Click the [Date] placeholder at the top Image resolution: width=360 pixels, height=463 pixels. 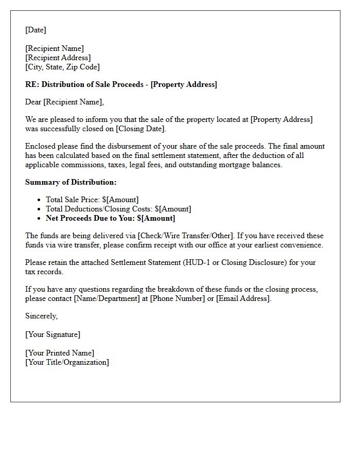tap(35, 30)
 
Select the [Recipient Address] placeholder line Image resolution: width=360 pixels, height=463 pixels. tap(58, 58)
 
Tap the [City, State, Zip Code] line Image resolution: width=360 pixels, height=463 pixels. tap(62, 67)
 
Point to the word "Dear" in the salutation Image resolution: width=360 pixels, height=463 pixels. tap(33, 102)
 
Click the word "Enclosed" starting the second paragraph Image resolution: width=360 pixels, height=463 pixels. tap(41, 146)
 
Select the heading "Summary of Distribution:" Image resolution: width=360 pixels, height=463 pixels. tap(70, 182)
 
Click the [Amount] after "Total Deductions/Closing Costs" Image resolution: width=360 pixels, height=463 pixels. tap(175, 209)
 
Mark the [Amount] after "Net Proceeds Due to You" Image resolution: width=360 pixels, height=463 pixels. tap(158, 218)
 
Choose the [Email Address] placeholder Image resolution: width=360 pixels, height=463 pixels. tap(243, 298)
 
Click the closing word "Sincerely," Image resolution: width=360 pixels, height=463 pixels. tap(41, 316)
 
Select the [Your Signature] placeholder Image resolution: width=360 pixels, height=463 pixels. tap(52, 334)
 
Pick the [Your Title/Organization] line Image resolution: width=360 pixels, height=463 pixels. tap(67, 362)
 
